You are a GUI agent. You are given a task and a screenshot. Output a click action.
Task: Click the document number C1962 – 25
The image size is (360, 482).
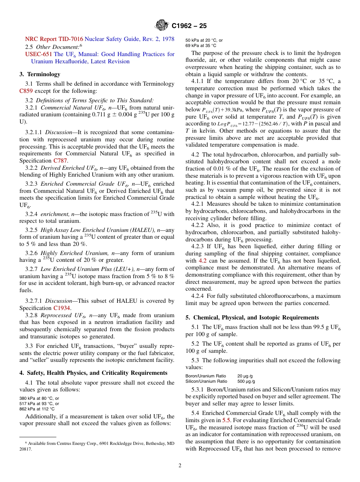[189, 26]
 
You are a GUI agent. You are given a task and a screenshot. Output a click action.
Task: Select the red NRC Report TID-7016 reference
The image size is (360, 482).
[54, 39]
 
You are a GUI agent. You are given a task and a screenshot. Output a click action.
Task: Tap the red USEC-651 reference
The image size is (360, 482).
[39, 54]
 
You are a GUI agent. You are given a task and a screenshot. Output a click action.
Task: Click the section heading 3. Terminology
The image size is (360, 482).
[40, 74]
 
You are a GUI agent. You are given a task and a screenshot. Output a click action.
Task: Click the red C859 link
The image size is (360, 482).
[26, 91]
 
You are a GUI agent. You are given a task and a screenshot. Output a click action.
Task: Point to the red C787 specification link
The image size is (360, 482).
[60, 161]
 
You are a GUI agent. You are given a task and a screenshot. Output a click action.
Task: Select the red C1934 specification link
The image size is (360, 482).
[62, 308]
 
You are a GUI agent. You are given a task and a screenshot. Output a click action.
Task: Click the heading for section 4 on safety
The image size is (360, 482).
[93, 373]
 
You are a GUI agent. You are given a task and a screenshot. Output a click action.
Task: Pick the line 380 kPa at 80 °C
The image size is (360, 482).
[39, 398]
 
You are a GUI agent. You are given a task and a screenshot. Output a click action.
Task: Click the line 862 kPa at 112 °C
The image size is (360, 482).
[37, 409]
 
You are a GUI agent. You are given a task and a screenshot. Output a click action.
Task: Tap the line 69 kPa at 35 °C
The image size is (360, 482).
[201, 45]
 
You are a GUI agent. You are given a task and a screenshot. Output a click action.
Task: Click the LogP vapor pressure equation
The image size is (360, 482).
[252, 124]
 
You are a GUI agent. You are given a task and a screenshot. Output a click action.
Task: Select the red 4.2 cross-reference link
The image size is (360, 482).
[202, 261]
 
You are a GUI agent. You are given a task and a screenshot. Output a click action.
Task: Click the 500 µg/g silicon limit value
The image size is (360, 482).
[246, 381]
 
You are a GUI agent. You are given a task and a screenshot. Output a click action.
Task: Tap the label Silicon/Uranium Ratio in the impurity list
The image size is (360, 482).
[206, 381]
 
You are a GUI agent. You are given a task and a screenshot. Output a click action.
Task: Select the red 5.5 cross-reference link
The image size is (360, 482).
[226, 420]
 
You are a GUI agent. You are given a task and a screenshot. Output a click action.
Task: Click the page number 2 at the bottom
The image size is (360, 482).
[180, 466]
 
